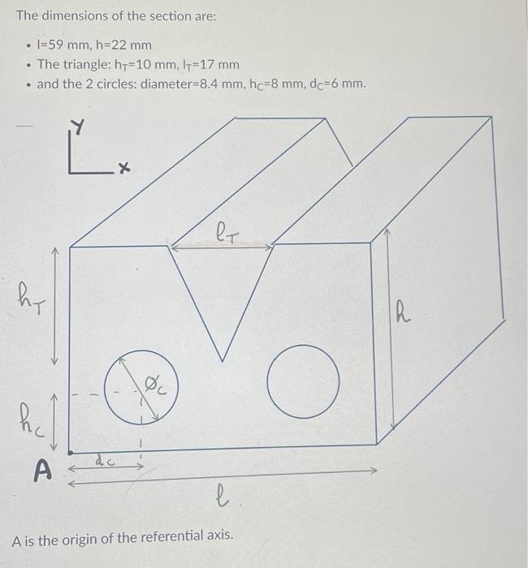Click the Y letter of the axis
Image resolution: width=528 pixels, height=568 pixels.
(79, 127)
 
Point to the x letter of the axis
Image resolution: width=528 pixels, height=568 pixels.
(123, 169)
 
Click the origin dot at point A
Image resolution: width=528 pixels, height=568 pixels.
(71, 451)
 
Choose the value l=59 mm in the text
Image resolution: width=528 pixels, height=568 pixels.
(63, 45)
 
